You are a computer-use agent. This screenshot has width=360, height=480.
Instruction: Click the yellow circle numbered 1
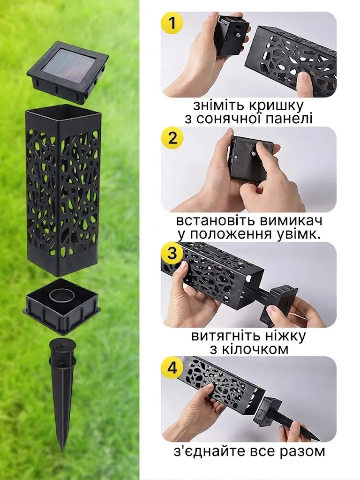pos(172,23)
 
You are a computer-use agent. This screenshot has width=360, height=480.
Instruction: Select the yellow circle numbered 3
pos(172,254)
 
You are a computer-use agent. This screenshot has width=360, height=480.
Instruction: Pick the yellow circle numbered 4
pos(172,368)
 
